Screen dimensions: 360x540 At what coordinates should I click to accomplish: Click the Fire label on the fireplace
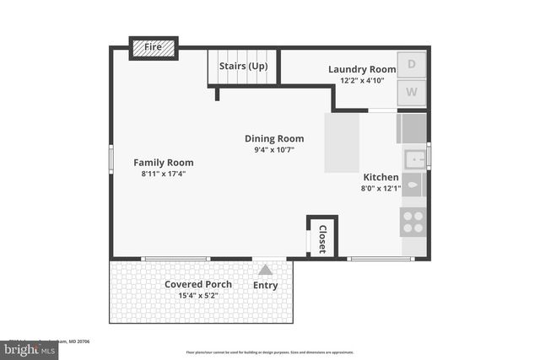[153, 47]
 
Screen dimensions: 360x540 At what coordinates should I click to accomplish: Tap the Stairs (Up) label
[243, 66]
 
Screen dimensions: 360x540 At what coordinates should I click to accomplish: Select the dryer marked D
[412, 64]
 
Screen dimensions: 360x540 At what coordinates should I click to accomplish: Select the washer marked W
[412, 92]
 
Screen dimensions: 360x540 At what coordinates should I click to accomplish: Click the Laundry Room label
[361, 69]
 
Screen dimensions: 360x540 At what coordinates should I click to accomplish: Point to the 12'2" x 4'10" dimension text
[361, 81]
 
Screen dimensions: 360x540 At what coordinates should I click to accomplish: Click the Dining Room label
[274, 138]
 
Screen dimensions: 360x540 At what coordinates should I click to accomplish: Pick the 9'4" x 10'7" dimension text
[274, 150]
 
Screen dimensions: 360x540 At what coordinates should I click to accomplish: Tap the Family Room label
[163, 162]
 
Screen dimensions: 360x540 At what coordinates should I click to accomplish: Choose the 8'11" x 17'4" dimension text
[163, 174]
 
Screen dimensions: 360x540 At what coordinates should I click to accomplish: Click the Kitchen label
[381, 177]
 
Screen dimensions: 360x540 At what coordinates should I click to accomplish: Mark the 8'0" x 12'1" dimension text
[381, 189]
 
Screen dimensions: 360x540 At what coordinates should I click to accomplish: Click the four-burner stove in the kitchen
[413, 222]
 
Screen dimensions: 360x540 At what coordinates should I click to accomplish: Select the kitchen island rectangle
[342, 143]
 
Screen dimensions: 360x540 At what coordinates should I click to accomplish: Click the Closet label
[321, 237]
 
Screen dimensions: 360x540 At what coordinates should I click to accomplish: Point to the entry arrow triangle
[265, 270]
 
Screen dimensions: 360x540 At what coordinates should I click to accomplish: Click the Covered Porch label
[198, 284]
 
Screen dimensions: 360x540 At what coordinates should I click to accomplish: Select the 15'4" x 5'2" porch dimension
[198, 296]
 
